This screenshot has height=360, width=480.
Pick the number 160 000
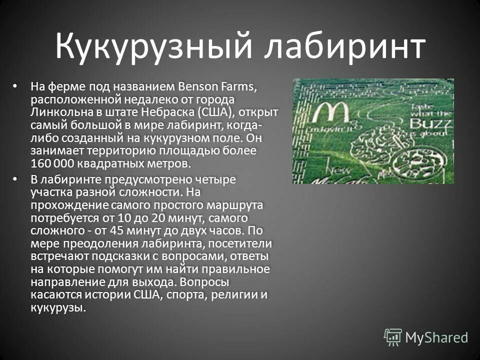click(x=52, y=163)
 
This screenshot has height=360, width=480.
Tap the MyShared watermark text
click(x=436, y=337)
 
